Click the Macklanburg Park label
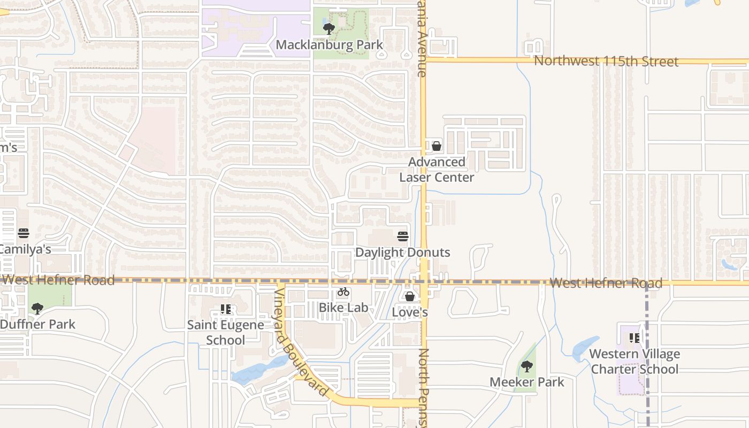click(329, 45)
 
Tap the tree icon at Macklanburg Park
click(329, 28)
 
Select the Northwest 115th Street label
click(606, 61)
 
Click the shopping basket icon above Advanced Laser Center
click(437, 146)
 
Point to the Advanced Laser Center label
click(437, 170)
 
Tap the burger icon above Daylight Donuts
click(403, 236)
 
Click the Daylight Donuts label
click(402, 253)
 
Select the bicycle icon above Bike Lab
click(343, 292)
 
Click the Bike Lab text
click(343, 308)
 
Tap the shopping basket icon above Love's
click(410, 296)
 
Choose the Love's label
click(410, 312)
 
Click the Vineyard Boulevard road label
click(301, 342)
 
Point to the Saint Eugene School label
click(225, 332)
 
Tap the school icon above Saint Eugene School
click(226, 309)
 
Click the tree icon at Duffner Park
click(37, 308)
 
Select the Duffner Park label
click(37, 324)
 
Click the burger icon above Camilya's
click(23, 233)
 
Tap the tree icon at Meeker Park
click(527, 366)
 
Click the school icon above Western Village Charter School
click(635, 338)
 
